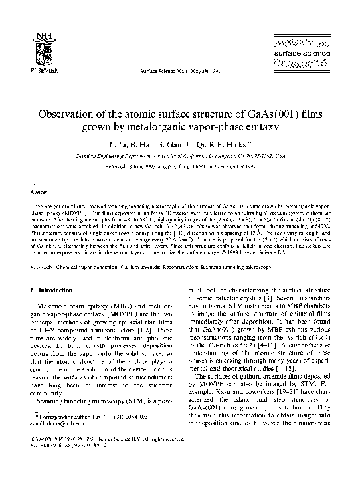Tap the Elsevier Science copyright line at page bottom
pos(100,476)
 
